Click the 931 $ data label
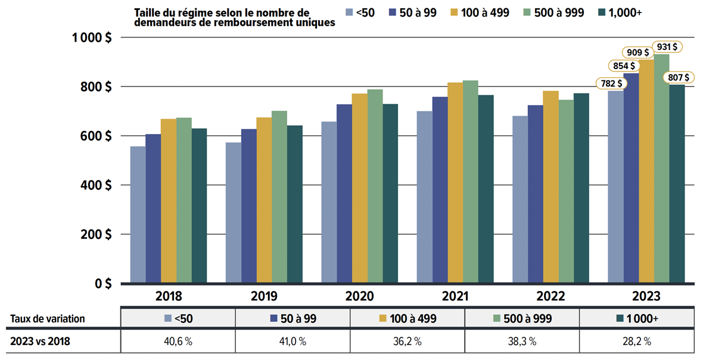(x=668, y=46)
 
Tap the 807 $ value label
(x=679, y=77)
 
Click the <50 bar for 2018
(x=138, y=215)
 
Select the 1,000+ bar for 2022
(x=581, y=188)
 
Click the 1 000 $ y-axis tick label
(x=92, y=38)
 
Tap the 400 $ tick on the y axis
(x=96, y=185)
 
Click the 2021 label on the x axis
(x=455, y=296)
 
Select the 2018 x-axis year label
(x=169, y=296)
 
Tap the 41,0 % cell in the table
(x=293, y=342)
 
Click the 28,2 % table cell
(x=637, y=342)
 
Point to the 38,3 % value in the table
(x=522, y=342)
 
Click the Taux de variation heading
(x=48, y=319)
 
